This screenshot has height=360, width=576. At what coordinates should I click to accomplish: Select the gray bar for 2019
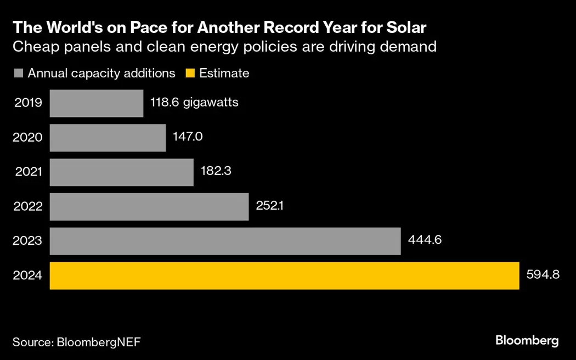[x=97, y=103]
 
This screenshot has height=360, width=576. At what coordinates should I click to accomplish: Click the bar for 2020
[x=108, y=138]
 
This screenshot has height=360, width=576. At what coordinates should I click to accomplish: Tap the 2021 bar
[x=122, y=172]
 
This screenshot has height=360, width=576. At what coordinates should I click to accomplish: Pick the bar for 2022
[x=149, y=207]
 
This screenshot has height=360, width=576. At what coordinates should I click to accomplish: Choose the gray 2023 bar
[x=225, y=241]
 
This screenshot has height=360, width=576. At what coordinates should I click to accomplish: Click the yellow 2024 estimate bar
[x=284, y=275]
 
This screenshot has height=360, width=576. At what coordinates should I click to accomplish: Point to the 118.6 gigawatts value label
[x=194, y=103]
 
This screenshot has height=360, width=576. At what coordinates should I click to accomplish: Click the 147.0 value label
[x=188, y=137]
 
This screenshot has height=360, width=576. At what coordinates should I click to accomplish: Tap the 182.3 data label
[x=216, y=171]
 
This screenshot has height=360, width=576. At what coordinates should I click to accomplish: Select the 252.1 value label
[x=270, y=205]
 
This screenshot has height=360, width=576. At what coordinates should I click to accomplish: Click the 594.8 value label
[x=543, y=274]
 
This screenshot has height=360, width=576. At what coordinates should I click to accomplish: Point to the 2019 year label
[x=27, y=103]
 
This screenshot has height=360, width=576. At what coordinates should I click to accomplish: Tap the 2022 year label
[x=27, y=207]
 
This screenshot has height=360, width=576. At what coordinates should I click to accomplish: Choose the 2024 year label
[x=27, y=276]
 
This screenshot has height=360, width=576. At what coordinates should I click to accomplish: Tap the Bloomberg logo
[x=527, y=341]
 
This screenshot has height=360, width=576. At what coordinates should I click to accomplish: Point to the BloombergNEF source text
[x=98, y=342]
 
